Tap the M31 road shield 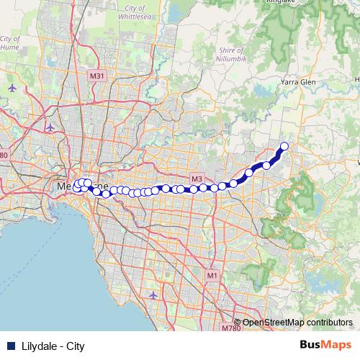tap(97, 76)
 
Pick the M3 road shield tap(196, 179)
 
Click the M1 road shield tap(212, 275)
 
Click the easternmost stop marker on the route tap(284, 147)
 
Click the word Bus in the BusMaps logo tap(309, 346)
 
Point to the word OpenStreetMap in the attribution tap(270, 323)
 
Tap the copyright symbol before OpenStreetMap tap(238, 323)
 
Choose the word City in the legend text tap(76, 346)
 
